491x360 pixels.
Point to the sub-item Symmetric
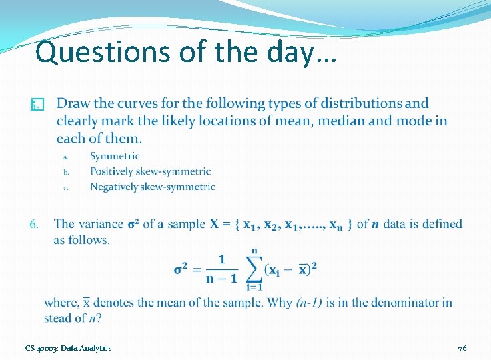[x=115, y=156]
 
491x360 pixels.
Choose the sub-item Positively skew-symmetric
[x=150, y=171]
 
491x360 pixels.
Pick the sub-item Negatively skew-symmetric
[x=152, y=187]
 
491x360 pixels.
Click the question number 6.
[x=35, y=224]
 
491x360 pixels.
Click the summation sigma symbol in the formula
[x=253, y=268]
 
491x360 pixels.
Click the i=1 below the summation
[x=254, y=287]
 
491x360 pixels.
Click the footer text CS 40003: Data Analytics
[x=68, y=348]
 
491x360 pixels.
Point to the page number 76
[x=462, y=348]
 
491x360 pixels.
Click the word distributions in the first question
[x=361, y=103]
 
